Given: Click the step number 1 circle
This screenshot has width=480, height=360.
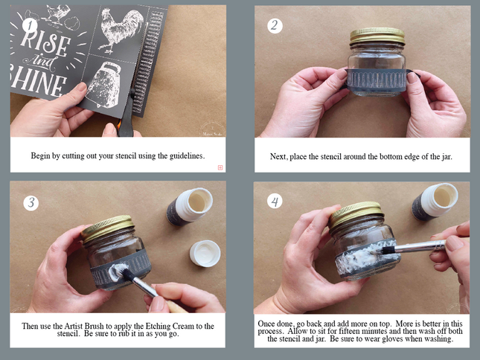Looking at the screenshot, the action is pyautogui.click(x=30, y=26).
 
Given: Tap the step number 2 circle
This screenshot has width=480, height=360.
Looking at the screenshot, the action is pyautogui.click(x=275, y=26).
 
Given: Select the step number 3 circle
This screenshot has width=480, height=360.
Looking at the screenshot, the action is pyautogui.click(x=31, y=203).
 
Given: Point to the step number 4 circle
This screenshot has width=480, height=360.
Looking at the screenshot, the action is pyautogui.click(x=275, y=202).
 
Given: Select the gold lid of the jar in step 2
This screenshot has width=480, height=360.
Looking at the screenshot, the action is pyautogui.click(x=377, y=36).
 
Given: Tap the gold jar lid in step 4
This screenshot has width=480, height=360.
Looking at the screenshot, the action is pyautogui.click(x=356, y=213).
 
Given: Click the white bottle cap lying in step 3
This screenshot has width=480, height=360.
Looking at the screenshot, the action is pyautogui.click(x=205, y=253).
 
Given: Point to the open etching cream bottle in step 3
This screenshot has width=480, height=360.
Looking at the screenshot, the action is pyautogui.click(x=190, y=207).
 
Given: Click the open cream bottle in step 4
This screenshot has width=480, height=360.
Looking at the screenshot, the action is pyautogui.click(x=435, y=202).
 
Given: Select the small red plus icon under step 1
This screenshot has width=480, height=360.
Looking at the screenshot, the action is pyautogui.click(x=220, y=167).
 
